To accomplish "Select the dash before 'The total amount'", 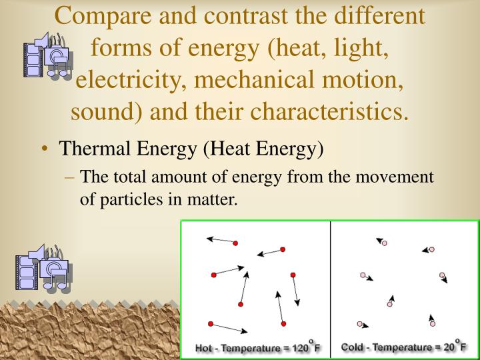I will coord(71,177).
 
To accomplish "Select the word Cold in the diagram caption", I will coord(353,347).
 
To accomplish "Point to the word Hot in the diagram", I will coord(204,348).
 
